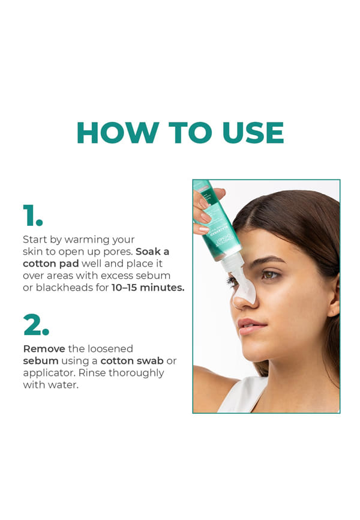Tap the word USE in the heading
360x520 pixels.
(x=253, y=133)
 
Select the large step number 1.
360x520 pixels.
(x=33, y=215)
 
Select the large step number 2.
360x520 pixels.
(x=36, y=324)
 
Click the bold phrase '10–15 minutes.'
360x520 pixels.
(x=148, y=288)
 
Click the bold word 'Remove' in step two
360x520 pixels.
(x=44, y=349)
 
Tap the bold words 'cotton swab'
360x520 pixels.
(x=132, y=361)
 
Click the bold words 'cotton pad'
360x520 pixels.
(x=51, y=264)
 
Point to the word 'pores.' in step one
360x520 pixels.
(x=118, y=252)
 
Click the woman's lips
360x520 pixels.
(x=251, y=326)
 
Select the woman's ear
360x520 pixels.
(x=334, y=300)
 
